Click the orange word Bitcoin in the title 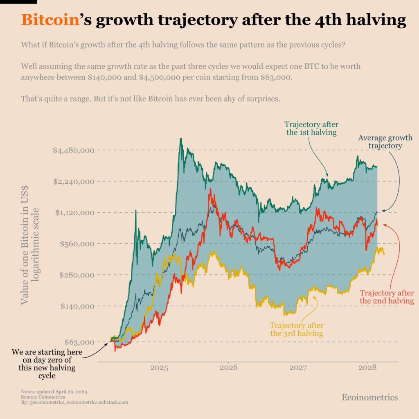click(x=50, y=20)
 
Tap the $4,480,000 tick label click(x=74, y=150)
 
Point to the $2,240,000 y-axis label click(x=74, y=181)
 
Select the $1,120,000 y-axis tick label click(x=74, y=212)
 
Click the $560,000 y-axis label click(x=76, y=244)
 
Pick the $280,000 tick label click(x=76, y=275)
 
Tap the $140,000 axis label click(x=76, y=306)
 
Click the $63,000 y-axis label click(x=78, y=342)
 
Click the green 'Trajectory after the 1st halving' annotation click(x=311, y=128)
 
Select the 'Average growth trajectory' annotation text click(x=385, y=142)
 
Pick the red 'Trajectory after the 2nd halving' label click(x=387, y=297)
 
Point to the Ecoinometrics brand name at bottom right click(x=369, y=397)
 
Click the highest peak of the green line click(x=180, y=139)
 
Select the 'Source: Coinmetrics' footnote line click(x=40, y=397)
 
